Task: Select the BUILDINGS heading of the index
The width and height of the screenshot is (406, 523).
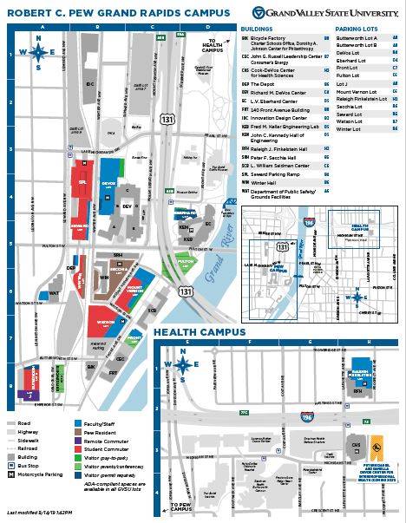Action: (257, 29)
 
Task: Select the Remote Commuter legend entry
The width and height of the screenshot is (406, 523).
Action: (98, 441)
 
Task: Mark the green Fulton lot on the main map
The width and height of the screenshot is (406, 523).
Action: (184, 262)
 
